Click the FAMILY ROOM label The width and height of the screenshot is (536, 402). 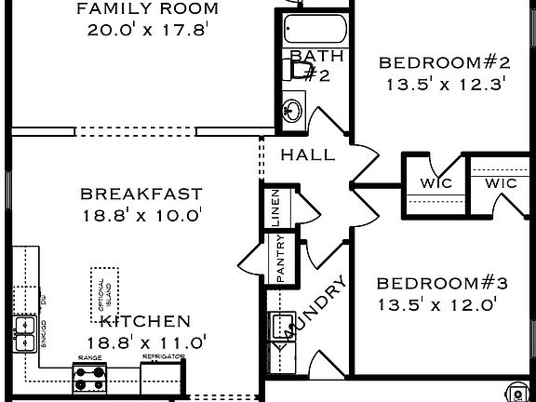pos(147,9)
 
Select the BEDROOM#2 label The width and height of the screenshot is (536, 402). pos(444,63)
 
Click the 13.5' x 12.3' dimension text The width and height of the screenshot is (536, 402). pos(444,84)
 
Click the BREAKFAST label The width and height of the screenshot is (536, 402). pos(141,194)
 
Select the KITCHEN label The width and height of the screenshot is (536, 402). pos(145,321)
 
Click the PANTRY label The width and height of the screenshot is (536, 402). pos(280,259)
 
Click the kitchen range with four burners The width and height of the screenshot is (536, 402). pos(89,378)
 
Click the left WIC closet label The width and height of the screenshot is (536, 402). pos(435,183)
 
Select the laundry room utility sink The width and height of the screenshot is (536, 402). pos(279,327)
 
